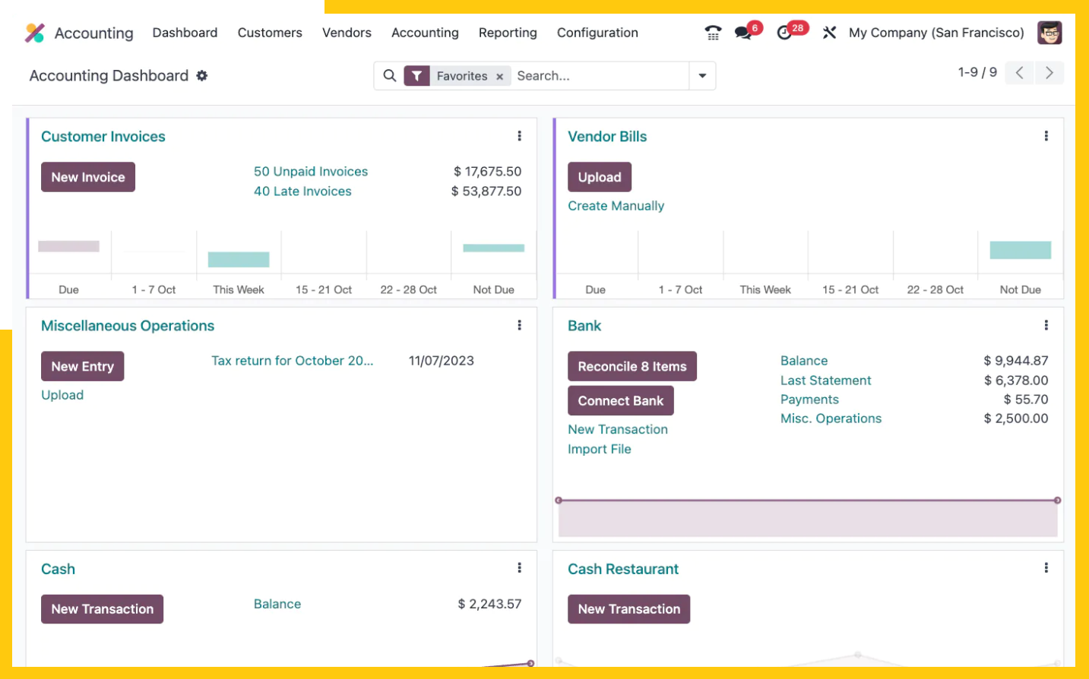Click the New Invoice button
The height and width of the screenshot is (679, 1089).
point(88,177)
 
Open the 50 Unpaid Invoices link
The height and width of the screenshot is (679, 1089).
point(311,171)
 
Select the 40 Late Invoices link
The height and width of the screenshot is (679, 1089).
point(302,191)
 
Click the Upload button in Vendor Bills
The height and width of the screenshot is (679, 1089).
point(600,177)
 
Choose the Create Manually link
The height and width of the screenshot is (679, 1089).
point(616,206)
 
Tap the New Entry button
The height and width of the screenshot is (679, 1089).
point(83,366)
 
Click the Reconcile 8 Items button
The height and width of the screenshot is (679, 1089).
point(632,366)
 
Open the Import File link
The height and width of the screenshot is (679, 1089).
point(600,449)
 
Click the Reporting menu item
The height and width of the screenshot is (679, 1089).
point(508,33)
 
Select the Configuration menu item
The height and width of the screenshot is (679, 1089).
point(597,33)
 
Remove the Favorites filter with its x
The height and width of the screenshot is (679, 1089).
point(499,76)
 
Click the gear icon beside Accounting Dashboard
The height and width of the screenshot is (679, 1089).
point(201,75)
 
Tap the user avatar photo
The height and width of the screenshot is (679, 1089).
point(1049,33)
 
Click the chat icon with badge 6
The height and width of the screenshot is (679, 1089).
point(743,33)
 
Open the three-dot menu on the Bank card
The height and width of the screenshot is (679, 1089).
point(1046,325)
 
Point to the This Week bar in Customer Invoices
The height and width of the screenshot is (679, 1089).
point(239,260)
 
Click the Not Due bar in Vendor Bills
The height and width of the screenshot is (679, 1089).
point(1021,250)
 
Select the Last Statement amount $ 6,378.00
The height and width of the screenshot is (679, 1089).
point(1016,380)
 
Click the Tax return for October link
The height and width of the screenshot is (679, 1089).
point(292,361)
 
